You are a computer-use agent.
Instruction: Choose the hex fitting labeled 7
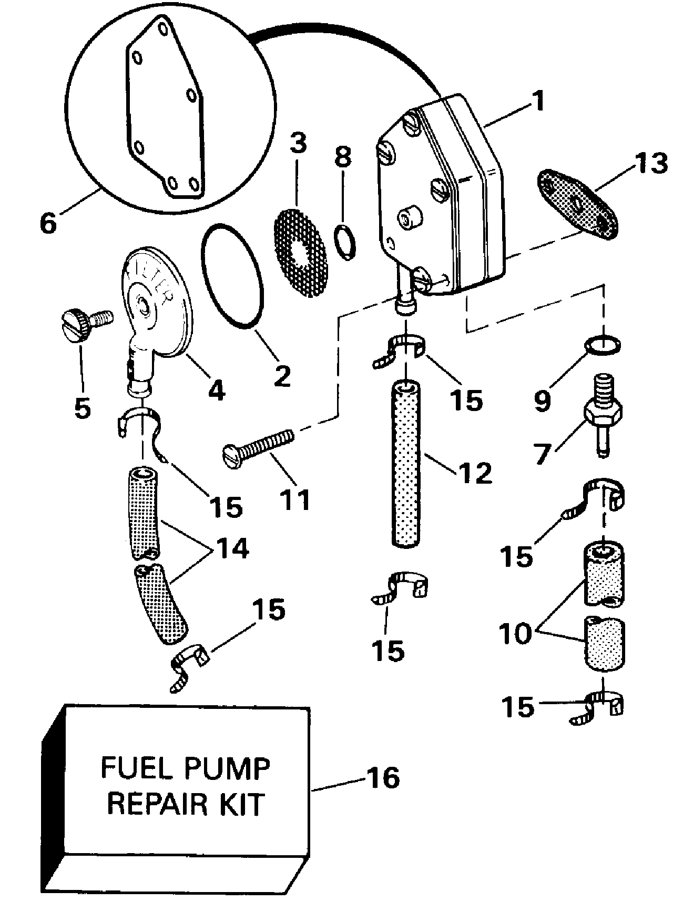point(604,419)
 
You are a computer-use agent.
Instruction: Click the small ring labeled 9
point(603,345)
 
